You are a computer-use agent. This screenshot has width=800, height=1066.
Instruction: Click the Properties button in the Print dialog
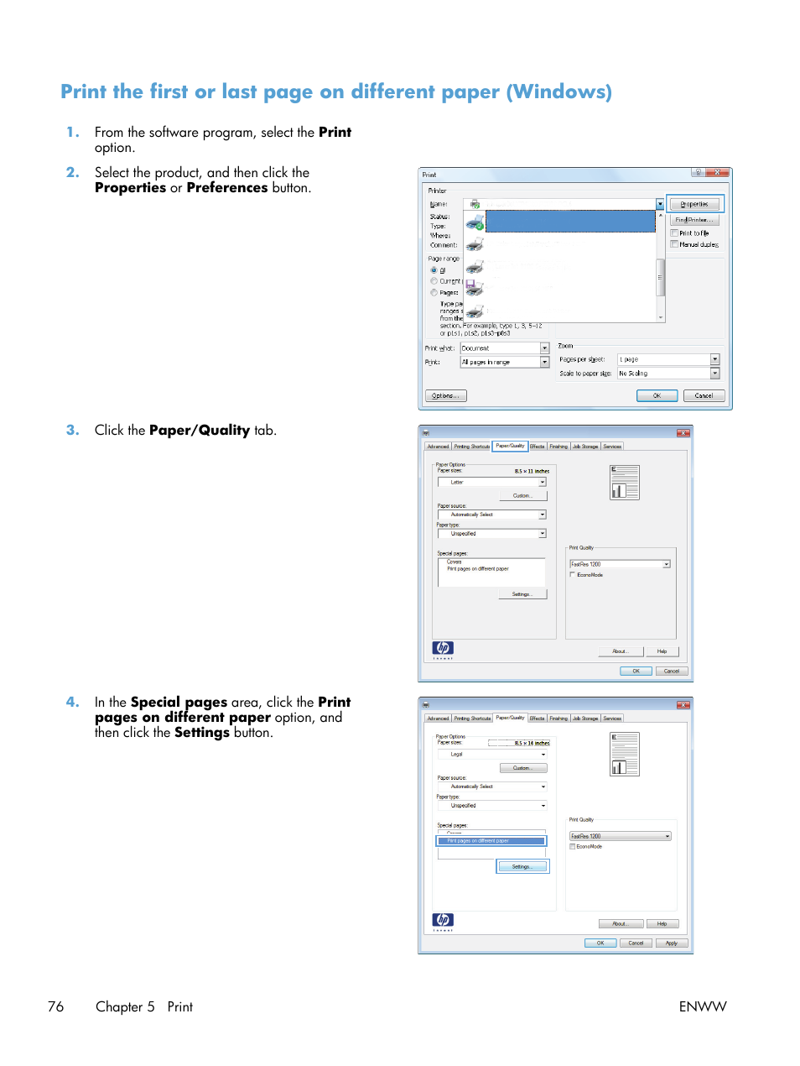point(694,204)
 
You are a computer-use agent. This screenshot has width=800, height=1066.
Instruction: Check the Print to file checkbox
point(674,233)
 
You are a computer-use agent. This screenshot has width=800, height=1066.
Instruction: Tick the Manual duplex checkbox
point(674,244)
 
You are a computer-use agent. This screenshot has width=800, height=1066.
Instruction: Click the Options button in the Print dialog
point(445,395)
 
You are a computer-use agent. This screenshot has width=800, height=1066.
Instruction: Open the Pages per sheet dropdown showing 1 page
point(668,359)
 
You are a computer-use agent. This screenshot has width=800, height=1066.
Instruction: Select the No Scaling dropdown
point(668,374)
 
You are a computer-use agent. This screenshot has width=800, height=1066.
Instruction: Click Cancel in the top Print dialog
point(704,395)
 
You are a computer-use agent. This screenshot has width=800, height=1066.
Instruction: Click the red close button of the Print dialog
point(717,173)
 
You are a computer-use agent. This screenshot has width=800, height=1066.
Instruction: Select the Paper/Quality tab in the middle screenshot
point(510,446)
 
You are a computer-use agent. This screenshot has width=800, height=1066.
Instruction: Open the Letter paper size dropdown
point(491,483)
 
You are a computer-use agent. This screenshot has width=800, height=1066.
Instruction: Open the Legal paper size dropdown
point(491,755)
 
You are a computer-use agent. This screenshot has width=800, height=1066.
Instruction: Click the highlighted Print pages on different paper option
point(491,840)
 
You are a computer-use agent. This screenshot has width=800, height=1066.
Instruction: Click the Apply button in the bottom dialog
point(672,943)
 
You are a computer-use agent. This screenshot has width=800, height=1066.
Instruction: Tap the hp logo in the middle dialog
point(443,648)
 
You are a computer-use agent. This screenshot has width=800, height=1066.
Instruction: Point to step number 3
point(73,430)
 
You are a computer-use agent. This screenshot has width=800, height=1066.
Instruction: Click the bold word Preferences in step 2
point(226,188)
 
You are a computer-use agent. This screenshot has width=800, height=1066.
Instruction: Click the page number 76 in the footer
point(56,1006)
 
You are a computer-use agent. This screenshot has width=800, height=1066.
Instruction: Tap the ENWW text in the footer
point(703,1006)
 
